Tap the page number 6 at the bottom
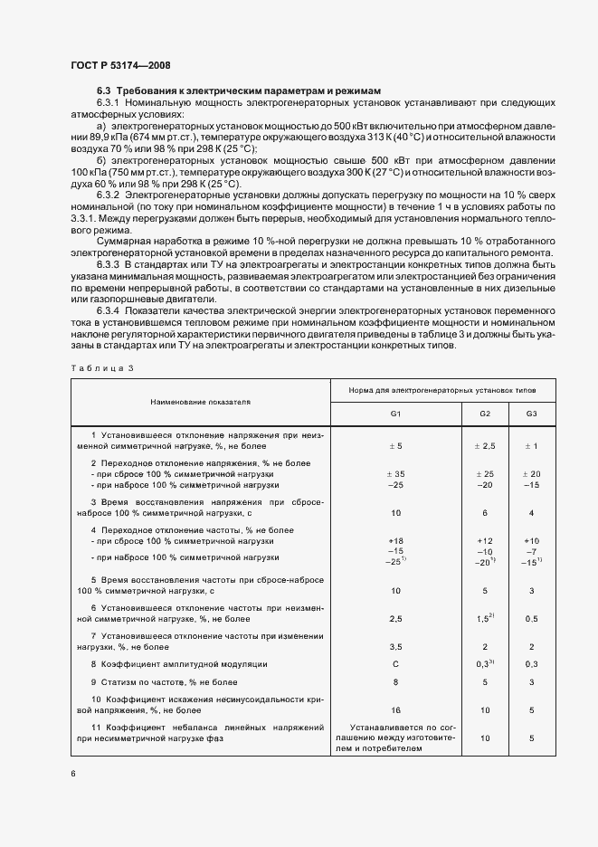point(73,774)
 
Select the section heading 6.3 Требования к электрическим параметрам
point(239,90)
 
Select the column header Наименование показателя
point(200,399)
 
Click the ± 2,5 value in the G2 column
point(485,446)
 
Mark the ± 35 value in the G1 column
point(395,473)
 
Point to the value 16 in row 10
point(395,711)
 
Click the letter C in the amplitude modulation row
point(395,664)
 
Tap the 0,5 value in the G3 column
point(531,619)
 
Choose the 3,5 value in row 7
point(395,647)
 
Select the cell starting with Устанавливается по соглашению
point(395,738)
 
